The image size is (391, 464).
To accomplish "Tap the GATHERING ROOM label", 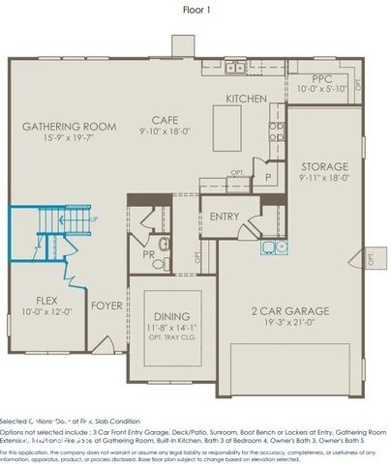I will click(69, 127).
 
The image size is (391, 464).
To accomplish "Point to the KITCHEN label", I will click(245, 99).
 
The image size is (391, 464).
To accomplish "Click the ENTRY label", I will click(225, 217).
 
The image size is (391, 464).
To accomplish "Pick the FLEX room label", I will click(47, 301).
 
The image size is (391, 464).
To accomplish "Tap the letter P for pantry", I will click(267, 178).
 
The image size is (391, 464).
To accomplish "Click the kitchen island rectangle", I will click(226, 122).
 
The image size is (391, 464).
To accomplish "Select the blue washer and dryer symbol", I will click(273, 246).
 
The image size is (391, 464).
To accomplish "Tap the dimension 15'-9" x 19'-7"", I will click(69, 139).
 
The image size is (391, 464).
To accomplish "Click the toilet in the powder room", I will click(164, 244).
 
